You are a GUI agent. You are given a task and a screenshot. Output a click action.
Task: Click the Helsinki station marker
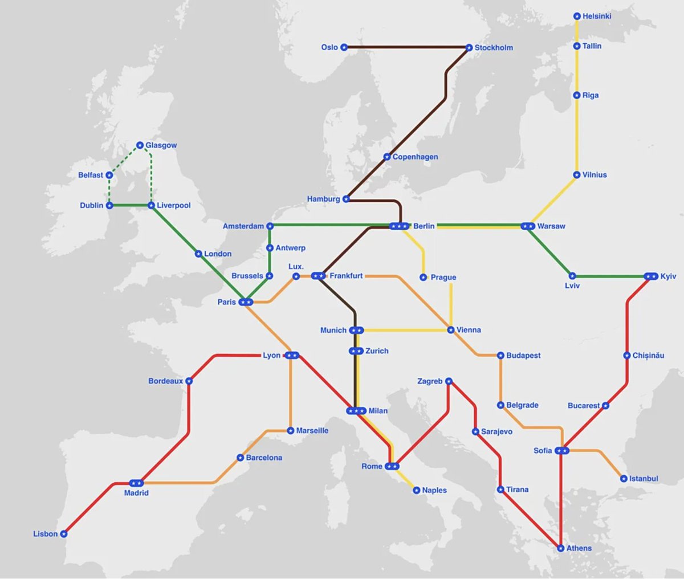click(577, 17)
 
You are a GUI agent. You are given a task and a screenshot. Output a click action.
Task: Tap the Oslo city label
click(329, 47)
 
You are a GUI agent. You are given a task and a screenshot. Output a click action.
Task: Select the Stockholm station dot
click(469, 48)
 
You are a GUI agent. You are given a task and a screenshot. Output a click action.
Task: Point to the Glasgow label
click(161, 145)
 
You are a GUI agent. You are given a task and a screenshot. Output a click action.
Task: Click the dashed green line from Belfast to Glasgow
click(124, 160)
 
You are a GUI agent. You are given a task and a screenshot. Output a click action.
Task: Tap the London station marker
click(198, 254)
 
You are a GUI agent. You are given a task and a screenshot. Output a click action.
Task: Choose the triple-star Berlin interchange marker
click(399, 226)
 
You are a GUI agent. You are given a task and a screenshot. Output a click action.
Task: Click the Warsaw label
click(551, 226)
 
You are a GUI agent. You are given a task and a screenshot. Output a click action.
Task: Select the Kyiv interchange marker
click(650, 276)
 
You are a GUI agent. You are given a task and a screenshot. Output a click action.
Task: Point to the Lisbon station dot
click(64, 534)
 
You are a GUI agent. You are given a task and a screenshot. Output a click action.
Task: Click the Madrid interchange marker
click(136, 483)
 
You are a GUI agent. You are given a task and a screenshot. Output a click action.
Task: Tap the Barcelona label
click(264, 458)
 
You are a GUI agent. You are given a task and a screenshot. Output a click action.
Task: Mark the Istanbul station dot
click(624, 479)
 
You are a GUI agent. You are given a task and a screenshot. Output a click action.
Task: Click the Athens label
click(579, 548)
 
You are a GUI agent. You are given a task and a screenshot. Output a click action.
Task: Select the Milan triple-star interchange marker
click(356, 411)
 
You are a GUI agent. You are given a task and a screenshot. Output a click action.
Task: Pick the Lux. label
click(296, 267)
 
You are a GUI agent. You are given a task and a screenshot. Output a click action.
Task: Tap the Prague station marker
click(423, 278)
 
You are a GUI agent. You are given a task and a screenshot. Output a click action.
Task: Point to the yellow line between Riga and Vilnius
click(577, 135)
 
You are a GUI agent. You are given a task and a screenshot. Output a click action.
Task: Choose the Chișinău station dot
click(627, 356)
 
